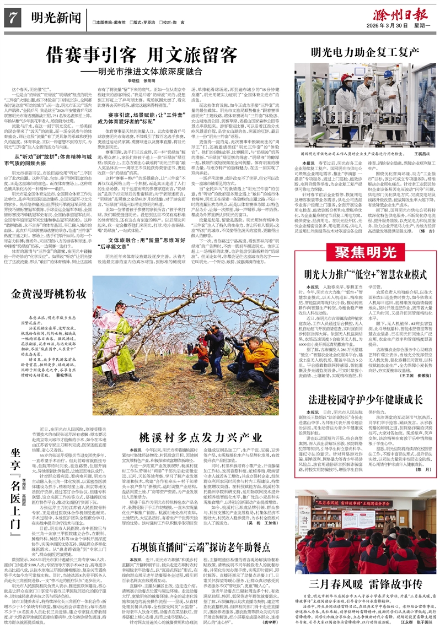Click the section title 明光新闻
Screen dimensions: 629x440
click(52, 19)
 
